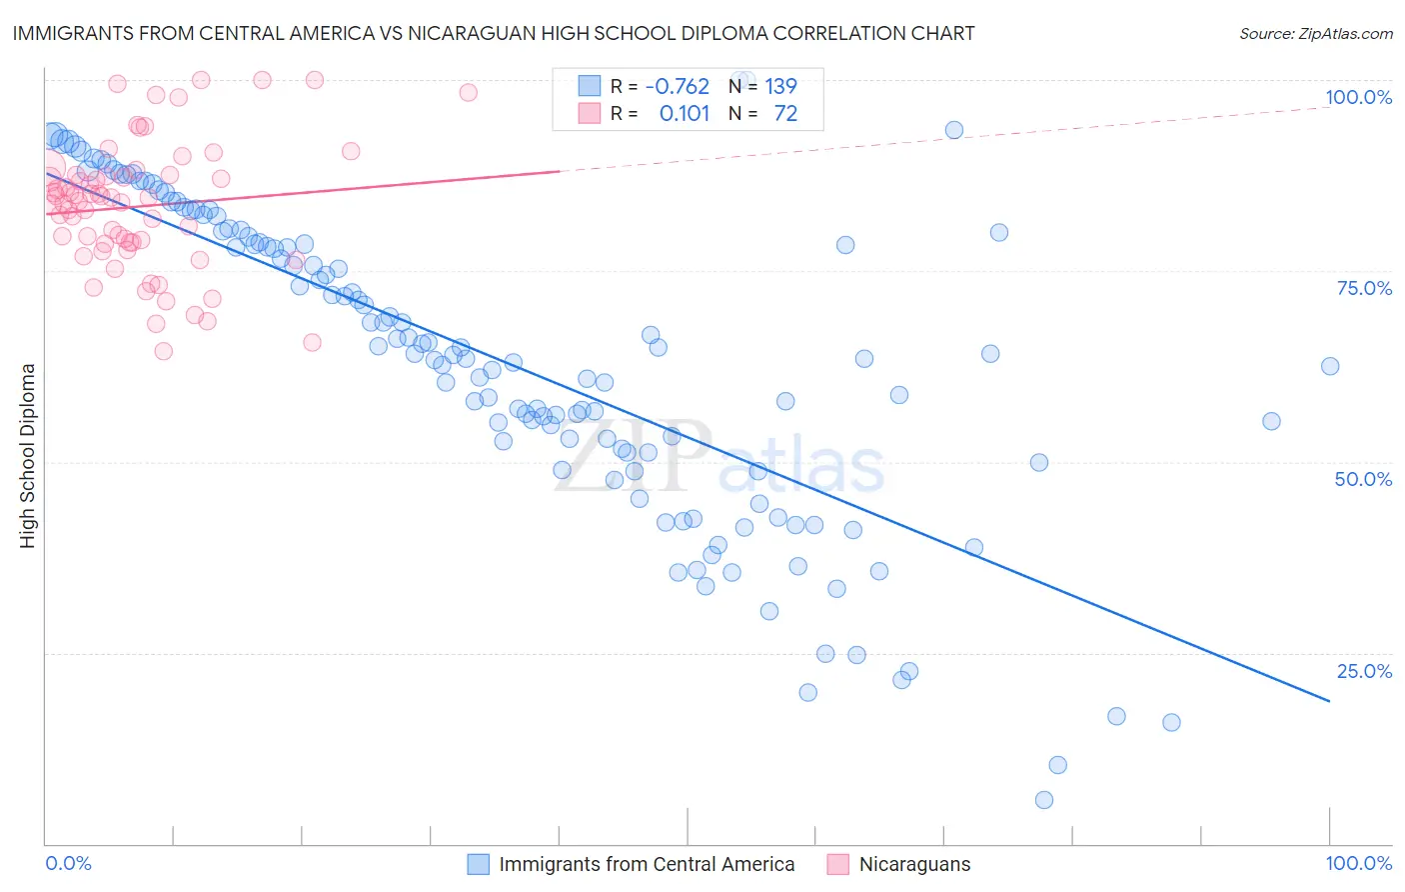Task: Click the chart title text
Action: point(494,33)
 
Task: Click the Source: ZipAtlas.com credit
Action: point(1315,33)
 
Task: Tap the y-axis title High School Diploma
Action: point(27,455)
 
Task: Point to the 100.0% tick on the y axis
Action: point(1358,97)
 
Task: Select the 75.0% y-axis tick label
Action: point(1364,288)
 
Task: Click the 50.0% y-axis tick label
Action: point(1363,479)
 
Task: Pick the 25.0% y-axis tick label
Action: point(1364,671)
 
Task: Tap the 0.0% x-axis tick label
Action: point(68,863)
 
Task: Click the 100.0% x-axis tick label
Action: point(1358,863)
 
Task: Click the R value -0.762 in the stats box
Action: point(677,87)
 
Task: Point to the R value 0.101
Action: point(685,114)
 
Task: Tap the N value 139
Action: point(780,87)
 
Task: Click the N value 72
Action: point(785,114)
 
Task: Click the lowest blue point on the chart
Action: point(1044,800)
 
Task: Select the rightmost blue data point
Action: point(1330,366)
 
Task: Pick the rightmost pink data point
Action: point(468,92)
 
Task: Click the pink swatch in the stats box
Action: point(590,114)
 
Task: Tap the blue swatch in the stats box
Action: point(590,87)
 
